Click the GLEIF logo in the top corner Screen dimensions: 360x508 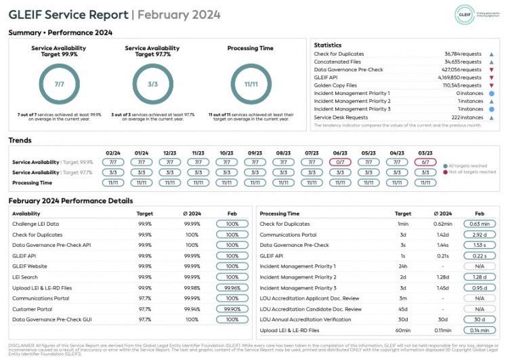coord(465,13)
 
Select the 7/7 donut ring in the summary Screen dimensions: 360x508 coord(60,84)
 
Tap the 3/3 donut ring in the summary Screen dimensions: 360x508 coord(152,84)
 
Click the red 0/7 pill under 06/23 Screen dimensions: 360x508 coord(340,162)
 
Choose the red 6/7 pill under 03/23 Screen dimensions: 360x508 coord(425,162)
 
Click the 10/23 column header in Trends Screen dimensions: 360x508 coord(226,153)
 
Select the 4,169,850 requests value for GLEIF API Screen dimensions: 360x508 coord(462,78)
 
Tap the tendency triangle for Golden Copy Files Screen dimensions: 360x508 coord(492,85)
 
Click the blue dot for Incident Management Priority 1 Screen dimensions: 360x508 coord(492,94)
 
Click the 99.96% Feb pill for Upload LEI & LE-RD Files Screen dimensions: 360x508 coord(232,287)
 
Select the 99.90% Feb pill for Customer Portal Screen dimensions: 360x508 coord(232,308)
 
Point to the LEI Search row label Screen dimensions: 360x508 coord(26,277)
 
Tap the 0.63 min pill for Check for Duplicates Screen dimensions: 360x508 coord(480,224)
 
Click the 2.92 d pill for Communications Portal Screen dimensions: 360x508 coord(480,235)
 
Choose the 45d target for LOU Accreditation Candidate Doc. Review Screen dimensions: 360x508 coord(403,308)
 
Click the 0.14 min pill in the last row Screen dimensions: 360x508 coord(480,330)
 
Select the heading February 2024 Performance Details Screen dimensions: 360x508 coord(70,201)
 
